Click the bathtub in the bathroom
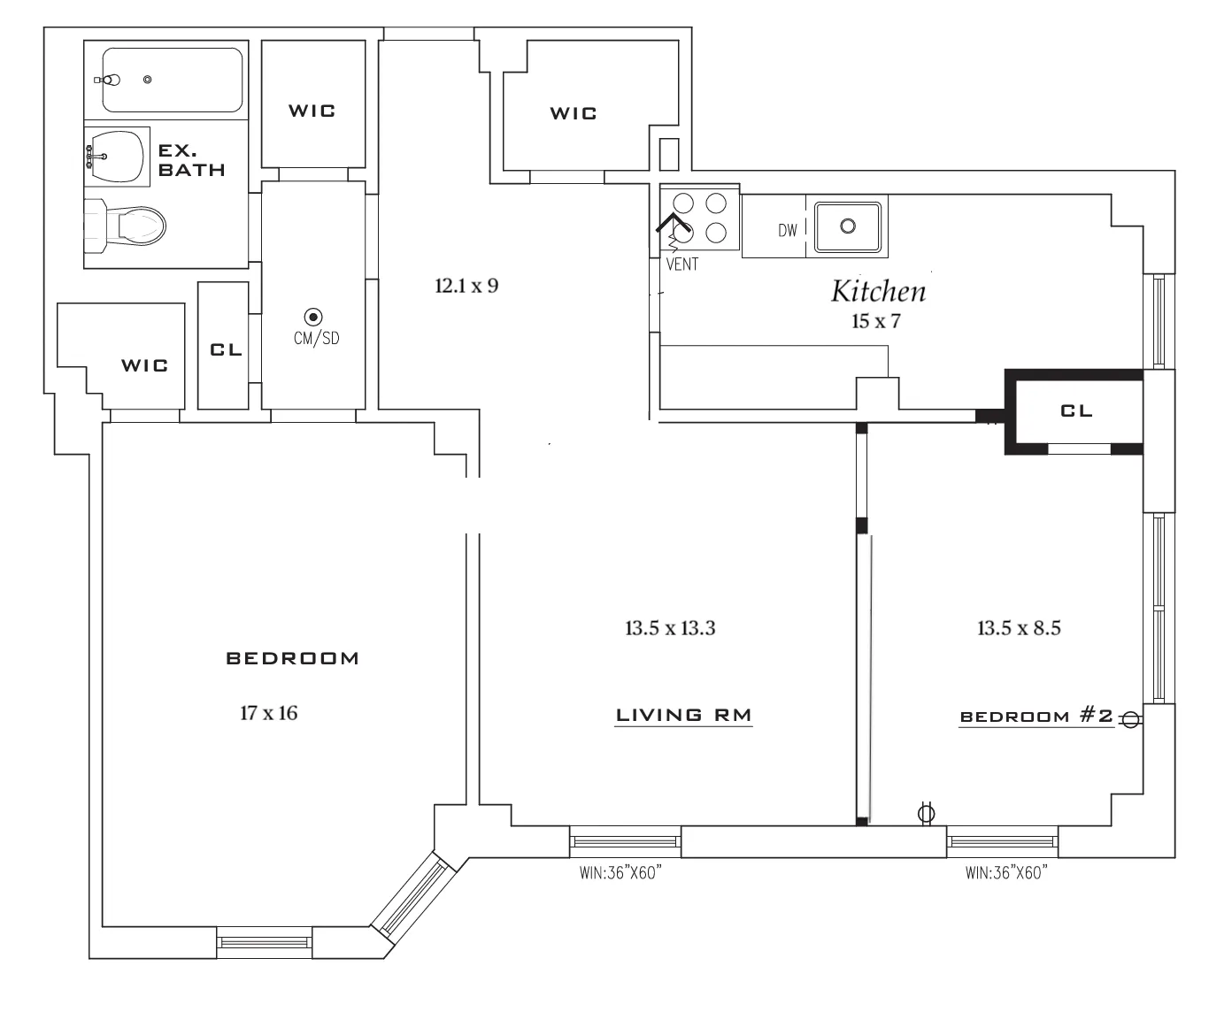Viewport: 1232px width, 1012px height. point(173,80)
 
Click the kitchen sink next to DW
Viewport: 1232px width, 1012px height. point(848,226)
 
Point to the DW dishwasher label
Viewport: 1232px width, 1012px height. point(788,231)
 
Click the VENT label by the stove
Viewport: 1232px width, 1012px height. point(682,264)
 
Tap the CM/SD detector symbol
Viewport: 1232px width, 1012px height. point(312,317)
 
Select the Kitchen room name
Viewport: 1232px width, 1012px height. point(878,291)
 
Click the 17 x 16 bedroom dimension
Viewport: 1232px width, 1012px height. point(268,713)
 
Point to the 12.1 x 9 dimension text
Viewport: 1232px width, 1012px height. point(466,286)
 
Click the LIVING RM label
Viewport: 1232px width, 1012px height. point(683,715)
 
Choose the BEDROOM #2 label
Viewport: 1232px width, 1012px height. point(1036,716)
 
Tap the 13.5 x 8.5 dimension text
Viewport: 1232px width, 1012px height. point(1019,628)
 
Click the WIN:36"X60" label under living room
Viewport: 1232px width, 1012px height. point(621,873)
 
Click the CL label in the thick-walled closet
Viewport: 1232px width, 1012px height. point(1076,410)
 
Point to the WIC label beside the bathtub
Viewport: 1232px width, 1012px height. point(312,111)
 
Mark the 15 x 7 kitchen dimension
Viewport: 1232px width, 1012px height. point(875,321)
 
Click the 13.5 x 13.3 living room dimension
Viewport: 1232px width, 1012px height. point(670,628)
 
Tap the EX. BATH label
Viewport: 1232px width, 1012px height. point(191,160)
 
